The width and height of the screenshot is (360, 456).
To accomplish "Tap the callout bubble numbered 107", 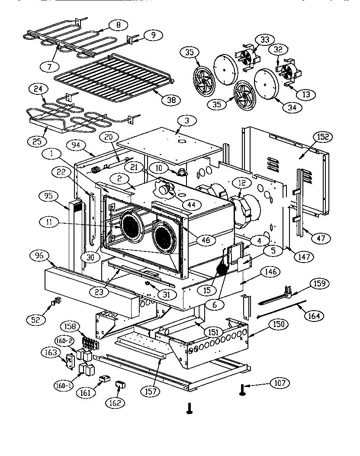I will [x=279, y=383].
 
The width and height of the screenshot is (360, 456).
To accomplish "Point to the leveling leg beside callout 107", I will [x=241, y=391].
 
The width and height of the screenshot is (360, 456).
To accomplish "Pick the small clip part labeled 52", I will [x=57, y=301].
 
